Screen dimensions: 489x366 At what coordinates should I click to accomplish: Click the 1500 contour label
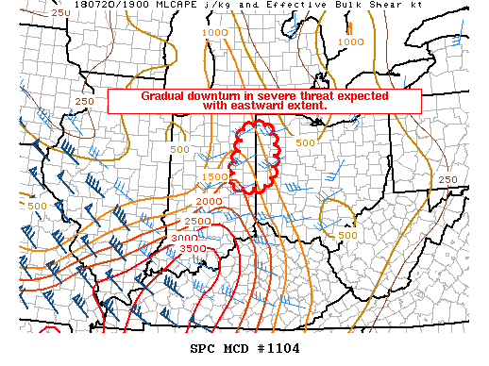coord(214,176)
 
